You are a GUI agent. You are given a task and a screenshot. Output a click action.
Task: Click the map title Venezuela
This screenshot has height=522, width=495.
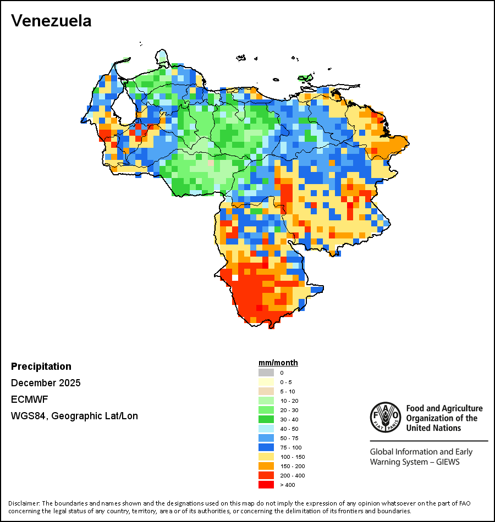coord(51,21)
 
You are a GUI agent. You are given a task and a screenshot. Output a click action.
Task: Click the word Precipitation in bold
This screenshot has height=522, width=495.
coord(41,366)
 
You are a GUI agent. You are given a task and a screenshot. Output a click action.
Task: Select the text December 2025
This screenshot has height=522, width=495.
coord(46,383)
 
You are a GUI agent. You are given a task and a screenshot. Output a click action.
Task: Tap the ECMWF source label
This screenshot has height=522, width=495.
coord(26,399)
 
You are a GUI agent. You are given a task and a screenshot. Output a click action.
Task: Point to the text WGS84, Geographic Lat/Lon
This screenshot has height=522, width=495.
coord(74,416)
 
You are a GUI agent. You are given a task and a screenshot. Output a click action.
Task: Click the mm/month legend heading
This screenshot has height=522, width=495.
coord(278,363)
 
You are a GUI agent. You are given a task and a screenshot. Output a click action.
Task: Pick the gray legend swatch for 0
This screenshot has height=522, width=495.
coord(266,373)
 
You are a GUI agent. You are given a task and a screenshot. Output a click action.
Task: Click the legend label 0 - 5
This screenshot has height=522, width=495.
coord(286,382)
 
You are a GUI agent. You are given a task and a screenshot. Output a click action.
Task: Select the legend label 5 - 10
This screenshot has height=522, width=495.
coord(288,391)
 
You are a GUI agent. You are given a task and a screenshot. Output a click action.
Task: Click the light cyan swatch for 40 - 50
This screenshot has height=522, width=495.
coord(266,429)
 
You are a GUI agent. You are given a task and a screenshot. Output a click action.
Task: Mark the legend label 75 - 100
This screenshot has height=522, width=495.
coord(291,447)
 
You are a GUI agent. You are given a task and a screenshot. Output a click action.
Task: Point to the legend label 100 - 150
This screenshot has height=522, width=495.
coord(293,457)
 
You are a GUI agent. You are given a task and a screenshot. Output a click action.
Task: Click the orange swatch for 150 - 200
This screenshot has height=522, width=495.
coord(266,466)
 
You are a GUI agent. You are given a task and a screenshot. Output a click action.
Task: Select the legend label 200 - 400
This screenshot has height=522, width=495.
coord(293,475)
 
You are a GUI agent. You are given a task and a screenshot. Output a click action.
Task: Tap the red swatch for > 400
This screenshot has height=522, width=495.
coord(266,485)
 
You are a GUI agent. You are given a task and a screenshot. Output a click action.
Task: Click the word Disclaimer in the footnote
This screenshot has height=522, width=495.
coord(24,503)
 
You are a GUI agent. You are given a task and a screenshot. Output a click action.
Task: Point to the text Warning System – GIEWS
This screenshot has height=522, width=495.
coord(415,462)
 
